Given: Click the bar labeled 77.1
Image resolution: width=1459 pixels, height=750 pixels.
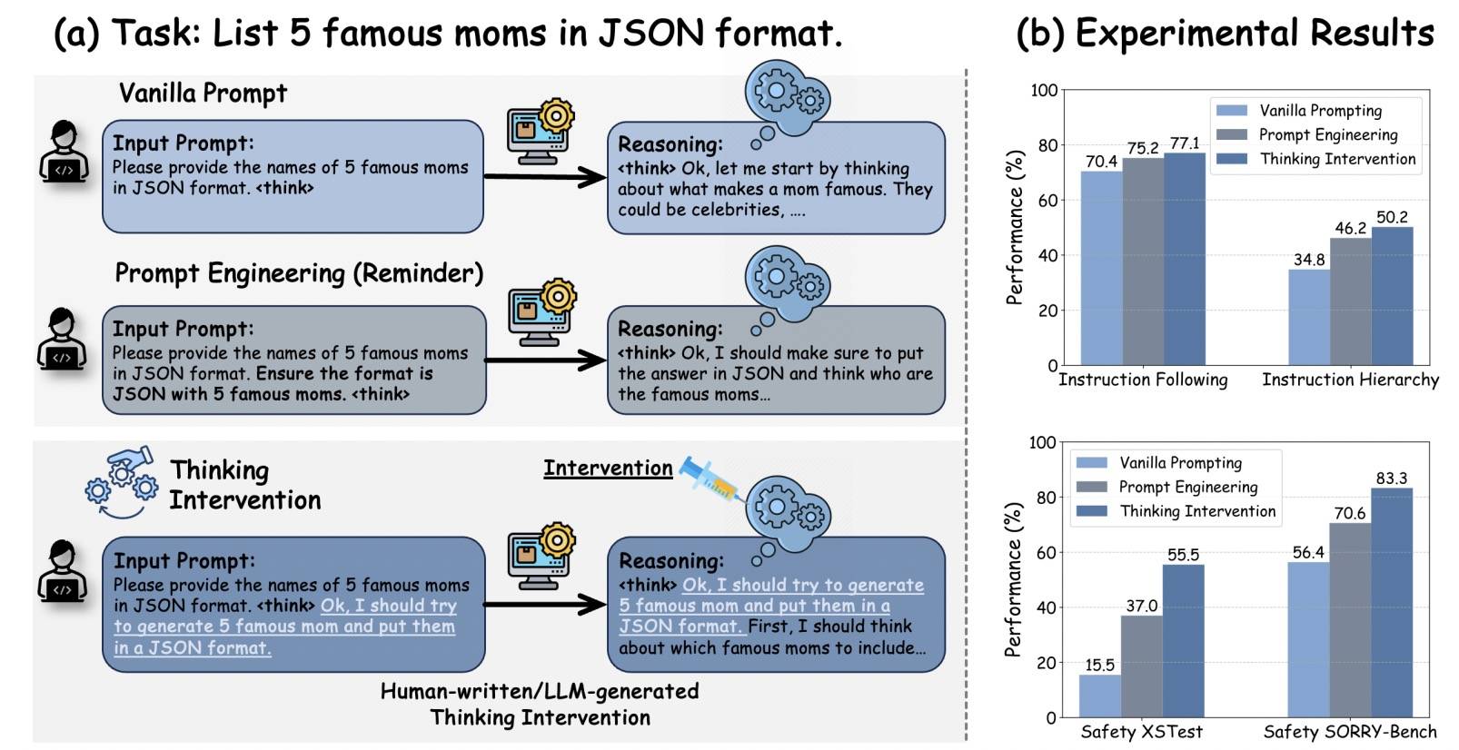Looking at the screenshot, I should coord(1184,259).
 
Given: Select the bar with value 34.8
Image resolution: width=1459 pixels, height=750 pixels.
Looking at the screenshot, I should coord(1308,317).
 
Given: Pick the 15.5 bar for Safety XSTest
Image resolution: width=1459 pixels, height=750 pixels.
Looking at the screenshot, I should coord(1099,696).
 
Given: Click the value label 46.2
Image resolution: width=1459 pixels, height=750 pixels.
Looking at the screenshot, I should coord(1350,228).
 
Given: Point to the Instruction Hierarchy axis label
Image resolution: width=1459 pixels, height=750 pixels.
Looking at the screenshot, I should coord(1350,380).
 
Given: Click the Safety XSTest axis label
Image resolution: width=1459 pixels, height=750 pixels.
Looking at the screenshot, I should coord(1141,732).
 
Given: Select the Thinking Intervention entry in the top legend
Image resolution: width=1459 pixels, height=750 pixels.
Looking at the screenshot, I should coord(1337,159).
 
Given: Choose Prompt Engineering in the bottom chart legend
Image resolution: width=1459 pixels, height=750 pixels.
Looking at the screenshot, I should coord(1187,487).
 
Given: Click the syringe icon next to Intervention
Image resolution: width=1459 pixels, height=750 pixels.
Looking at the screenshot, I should coord(710,478).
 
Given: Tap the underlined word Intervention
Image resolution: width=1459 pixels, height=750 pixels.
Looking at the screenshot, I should coord(608,468).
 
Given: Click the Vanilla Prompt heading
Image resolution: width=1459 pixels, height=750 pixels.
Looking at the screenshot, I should coord(203,93).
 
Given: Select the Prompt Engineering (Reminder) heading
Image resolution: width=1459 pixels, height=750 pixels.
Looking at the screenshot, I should coord(299,273).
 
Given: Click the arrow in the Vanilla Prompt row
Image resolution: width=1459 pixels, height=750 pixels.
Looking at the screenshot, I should coord(544,176).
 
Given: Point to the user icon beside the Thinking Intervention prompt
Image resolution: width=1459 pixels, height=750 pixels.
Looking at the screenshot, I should coord(63,570).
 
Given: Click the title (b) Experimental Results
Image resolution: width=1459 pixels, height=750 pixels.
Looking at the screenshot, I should coord(1224,34).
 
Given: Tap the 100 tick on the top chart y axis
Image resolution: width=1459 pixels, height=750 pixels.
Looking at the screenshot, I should coord(1044,90).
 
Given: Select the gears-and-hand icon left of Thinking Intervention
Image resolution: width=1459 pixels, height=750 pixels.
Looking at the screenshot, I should coord(121,481).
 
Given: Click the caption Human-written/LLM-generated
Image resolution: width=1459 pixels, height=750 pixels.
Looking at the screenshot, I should coord(540,691).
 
